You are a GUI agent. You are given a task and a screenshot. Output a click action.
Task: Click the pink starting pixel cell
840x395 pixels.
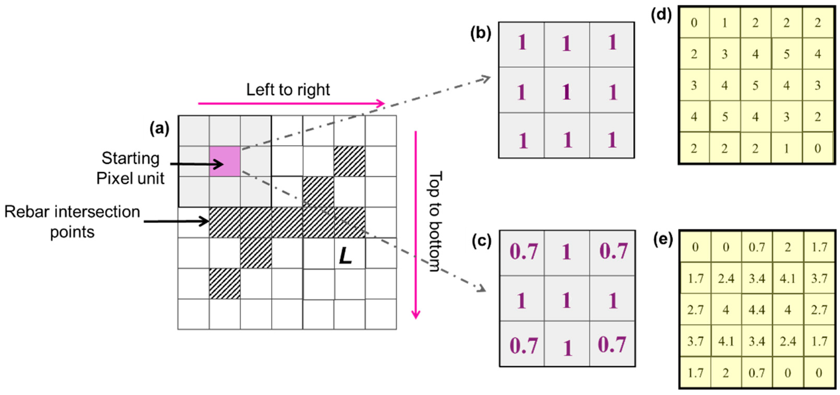pos(225,161)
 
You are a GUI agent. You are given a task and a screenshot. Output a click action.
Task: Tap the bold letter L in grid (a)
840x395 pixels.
pos(345,256)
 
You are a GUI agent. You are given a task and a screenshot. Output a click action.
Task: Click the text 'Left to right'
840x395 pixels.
pos(288,89)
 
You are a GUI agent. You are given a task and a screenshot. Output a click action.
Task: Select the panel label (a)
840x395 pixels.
pos(159,129)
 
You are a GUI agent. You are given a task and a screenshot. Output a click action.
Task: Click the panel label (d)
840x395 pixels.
pos(661,15)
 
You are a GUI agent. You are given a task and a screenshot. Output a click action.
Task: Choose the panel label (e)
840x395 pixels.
pos(663,240)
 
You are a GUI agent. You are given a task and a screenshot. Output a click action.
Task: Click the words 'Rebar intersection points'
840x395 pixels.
pos(72,222)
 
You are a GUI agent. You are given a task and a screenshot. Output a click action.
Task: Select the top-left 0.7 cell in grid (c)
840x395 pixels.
pos(523,252)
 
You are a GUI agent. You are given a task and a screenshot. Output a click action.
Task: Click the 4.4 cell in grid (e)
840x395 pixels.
pos(756,309)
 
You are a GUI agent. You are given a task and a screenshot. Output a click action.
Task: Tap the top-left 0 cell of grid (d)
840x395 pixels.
pos(694,23)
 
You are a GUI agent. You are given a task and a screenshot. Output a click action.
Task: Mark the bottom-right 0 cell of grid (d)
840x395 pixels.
pos(818,148)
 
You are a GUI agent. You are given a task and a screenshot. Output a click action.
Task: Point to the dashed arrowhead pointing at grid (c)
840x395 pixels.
pos(482,289)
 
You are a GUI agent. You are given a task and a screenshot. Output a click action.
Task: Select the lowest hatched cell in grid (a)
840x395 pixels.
pos(225,283)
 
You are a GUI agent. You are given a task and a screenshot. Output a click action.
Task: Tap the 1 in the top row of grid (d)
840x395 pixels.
pos(725,23)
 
